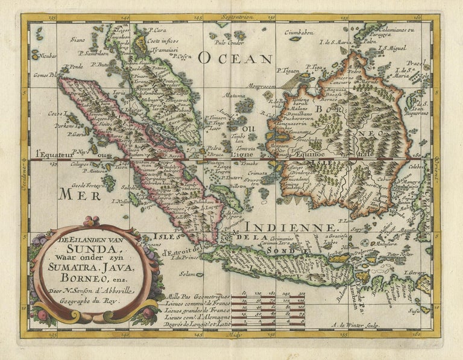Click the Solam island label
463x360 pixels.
(188, 274)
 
